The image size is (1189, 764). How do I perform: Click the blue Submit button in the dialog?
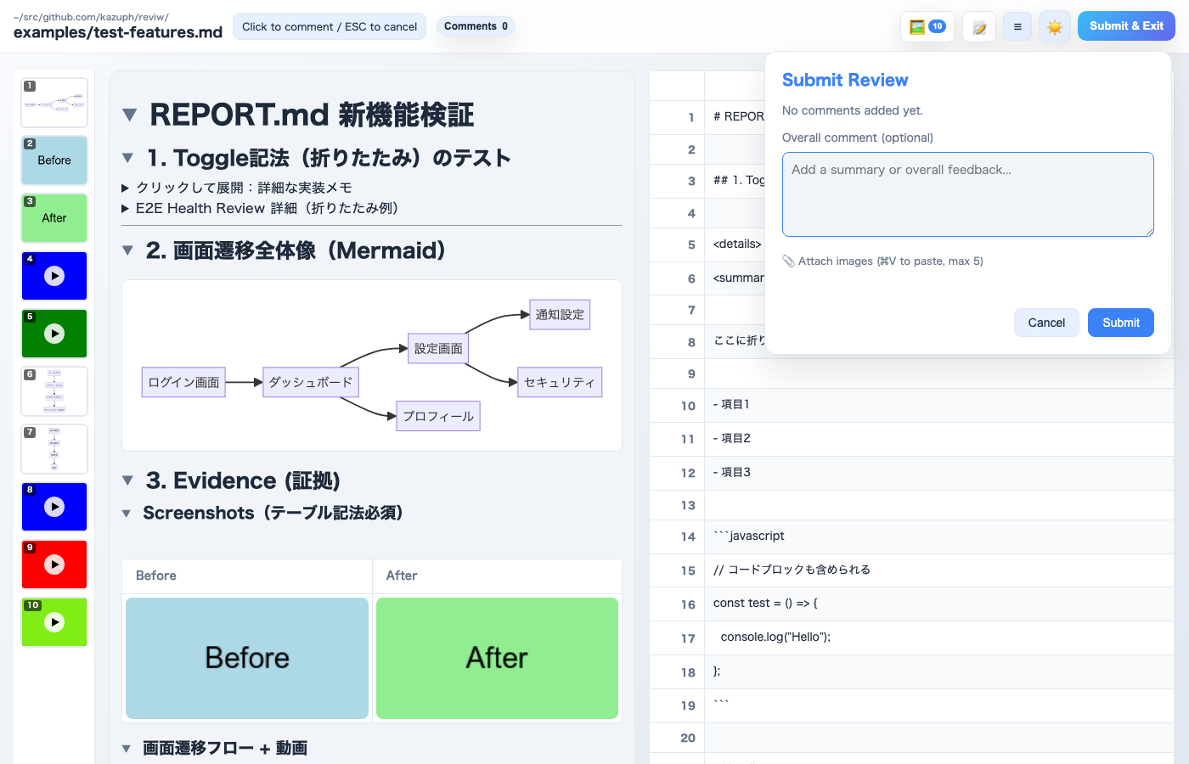pos(1120,323)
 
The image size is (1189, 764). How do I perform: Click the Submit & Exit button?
pos(1126,26)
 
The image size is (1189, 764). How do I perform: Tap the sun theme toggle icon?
pos(1055,27)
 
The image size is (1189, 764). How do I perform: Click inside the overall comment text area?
pos(967,194)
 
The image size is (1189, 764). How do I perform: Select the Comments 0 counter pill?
pos(476,26)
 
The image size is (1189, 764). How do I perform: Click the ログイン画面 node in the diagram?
pos(183,382)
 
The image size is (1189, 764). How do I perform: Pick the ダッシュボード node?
pos(311,382)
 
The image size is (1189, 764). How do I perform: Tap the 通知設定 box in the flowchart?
pos(560,314)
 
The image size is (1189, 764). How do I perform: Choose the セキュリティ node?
pos(560,382)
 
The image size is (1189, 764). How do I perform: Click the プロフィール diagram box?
pos(438,416)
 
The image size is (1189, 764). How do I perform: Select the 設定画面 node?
pos(438,348)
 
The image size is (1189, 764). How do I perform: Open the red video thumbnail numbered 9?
pos(54,565)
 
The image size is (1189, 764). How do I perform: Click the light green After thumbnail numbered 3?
pos(54,218)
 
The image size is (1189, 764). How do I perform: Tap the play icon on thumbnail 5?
pos(54,334)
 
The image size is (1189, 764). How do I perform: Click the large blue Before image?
pos(247,658)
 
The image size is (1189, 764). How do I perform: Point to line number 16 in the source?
pos(688,604)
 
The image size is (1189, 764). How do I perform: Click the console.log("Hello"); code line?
pos(775,637)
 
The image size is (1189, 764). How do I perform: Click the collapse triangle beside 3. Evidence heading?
pos(128,480)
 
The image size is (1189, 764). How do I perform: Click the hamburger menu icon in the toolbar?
pos(1017,27)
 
